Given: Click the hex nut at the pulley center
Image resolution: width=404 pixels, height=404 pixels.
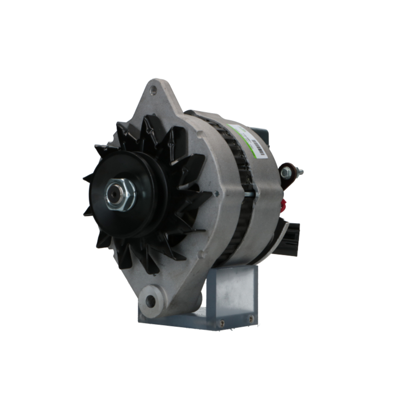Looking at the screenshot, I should point(121,195).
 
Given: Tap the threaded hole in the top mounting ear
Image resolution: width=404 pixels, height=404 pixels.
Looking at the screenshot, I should point(153,90).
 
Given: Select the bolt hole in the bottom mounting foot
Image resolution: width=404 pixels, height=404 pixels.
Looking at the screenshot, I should point(150,300).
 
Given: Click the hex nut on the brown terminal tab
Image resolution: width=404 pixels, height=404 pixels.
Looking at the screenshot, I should point(286,173).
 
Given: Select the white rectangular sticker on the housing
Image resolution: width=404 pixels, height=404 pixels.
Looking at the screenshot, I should point(253,141).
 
